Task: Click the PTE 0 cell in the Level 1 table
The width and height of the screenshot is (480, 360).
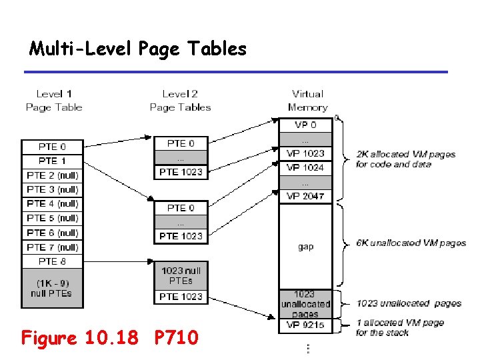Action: coord(52,146)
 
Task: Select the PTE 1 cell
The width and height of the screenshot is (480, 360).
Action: coord(52,161)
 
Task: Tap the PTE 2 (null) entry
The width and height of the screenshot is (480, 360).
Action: coord(52,175)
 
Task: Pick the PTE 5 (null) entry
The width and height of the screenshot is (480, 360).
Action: coord(52,218)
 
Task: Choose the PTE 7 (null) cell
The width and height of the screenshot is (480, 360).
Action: coord(52,247)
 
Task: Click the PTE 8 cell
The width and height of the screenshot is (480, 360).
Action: coord(52,261)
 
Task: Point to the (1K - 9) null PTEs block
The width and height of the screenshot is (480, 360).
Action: coord(52,288)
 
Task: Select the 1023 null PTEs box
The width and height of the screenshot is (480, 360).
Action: coord(181,275)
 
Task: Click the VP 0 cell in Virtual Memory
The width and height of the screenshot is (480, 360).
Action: coord(305,125)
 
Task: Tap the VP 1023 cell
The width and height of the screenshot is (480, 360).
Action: coord(305,153)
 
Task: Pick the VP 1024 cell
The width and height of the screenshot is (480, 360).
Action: coord(305,167)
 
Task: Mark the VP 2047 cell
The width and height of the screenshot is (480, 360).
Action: coord(305,196)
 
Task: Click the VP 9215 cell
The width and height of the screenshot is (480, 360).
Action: coord(305,325)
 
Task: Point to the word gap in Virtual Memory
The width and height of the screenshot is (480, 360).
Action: coord(305,247)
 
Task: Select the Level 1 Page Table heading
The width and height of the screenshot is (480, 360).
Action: coord(54,101)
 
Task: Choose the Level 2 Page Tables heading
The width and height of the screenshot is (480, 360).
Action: coord(180,101)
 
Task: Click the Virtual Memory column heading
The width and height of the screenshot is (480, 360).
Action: coord(307,101)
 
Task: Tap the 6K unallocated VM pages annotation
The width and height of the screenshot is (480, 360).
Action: coord(411,243)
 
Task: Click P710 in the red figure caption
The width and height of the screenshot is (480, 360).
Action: coord(176,338)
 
